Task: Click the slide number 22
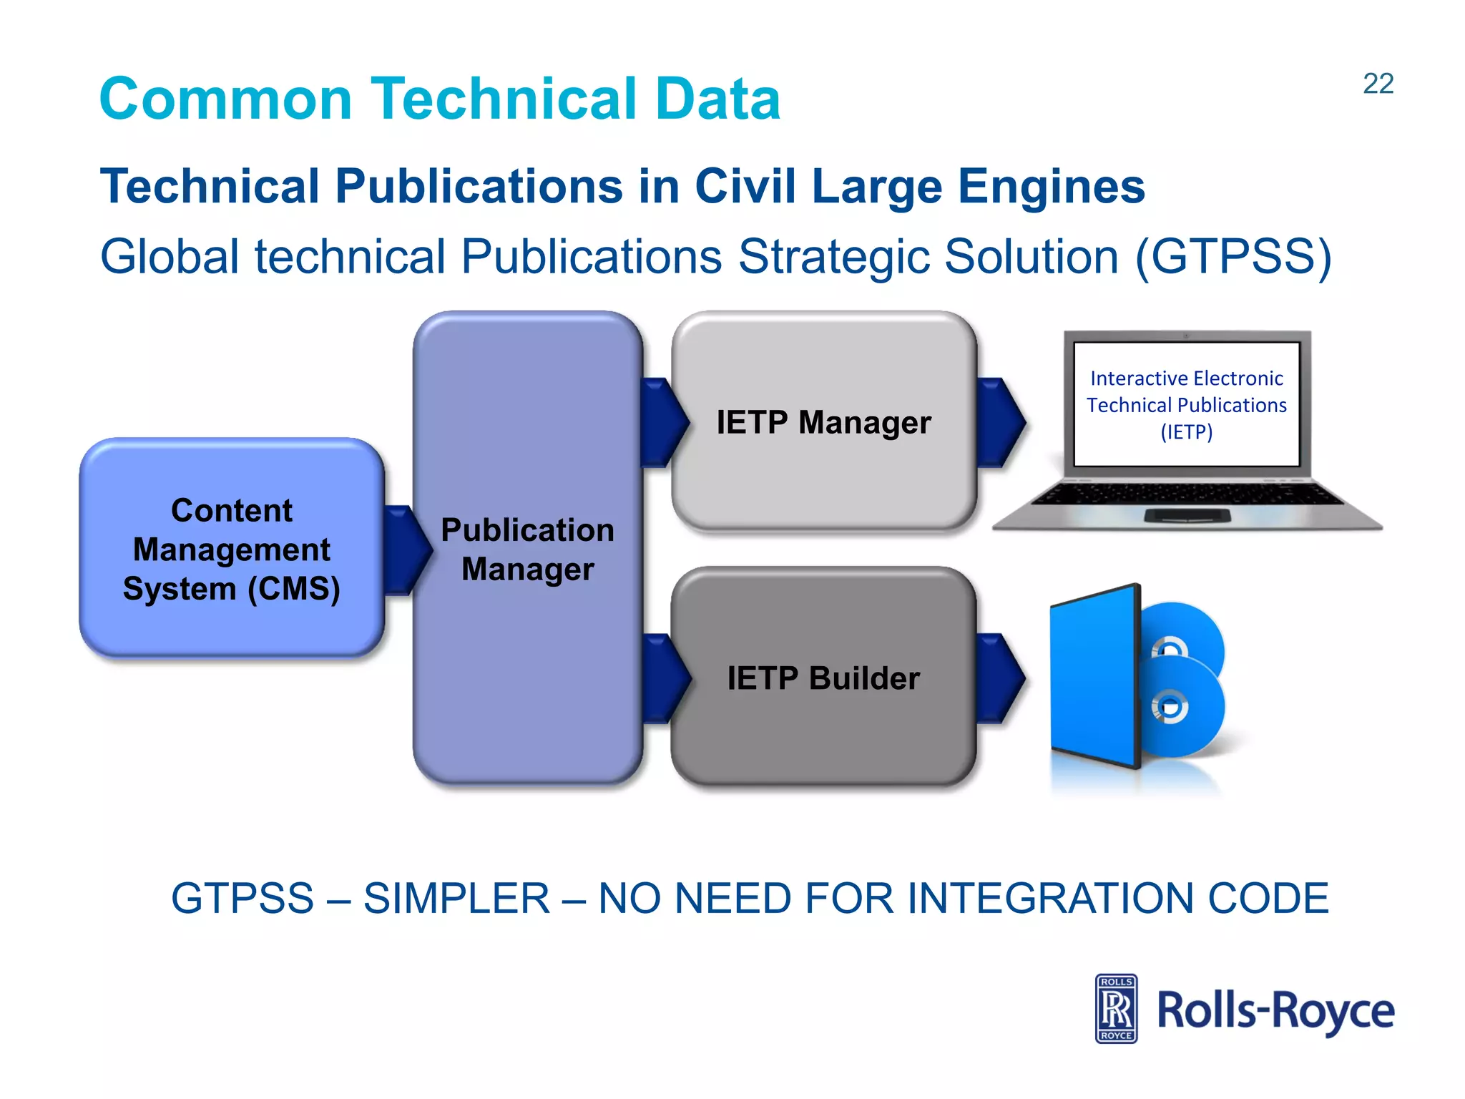click(x=1378, y=84)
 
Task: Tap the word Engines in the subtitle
click(x=1051, y=187)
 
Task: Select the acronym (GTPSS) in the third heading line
click(x=1233, y=257)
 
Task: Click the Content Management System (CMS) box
click(x=231, y=549)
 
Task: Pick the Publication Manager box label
click(x=527, y=549)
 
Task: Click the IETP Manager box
click(x=823, y=422)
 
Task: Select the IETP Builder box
click(x=823, y=678)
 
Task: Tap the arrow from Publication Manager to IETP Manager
click(x=664, y=422)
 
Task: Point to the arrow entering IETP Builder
click(x=665, y=678)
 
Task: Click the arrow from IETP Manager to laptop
click(x=1001, y=422)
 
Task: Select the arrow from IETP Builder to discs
click(x=1001, y=678)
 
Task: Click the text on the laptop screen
click(x=1186, y=405)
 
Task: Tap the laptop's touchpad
click(x=1187, y=516)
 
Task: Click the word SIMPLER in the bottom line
click(x=456, y=899)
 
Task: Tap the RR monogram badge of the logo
click(x=1116, y=1009)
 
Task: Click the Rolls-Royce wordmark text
click(x=1275, y=1010)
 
